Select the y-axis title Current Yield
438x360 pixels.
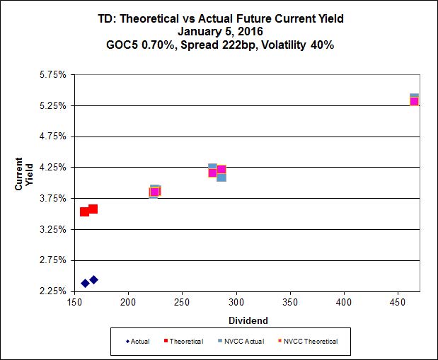[25, 173]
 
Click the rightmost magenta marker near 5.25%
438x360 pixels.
[415, 101]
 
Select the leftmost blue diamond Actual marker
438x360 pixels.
[85, 283]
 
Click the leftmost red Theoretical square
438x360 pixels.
[84, 211]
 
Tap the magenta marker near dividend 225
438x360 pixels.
[155, 192]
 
